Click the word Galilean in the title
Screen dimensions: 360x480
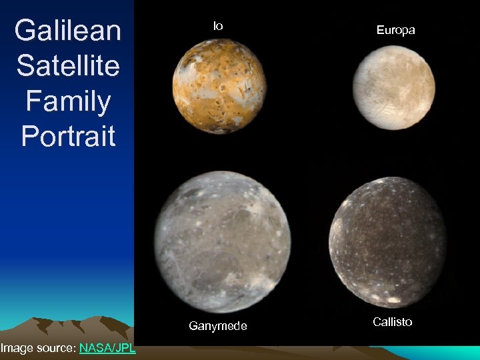click(67, 31)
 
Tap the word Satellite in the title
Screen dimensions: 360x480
click(67, 65)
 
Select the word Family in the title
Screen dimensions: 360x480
click(67, 101)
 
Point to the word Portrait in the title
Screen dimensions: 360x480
click(67, 136)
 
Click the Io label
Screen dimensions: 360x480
click(218, 26)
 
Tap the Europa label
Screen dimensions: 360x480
click(395, 30)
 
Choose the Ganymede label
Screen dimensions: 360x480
click(217, 326)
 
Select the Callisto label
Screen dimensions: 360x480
click(392, 322)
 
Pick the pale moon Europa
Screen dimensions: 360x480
click(393, 87)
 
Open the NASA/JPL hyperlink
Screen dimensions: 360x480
click(107, 347)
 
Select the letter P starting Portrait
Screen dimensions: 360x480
click(30, 136)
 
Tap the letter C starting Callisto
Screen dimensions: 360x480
click(377, 322)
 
